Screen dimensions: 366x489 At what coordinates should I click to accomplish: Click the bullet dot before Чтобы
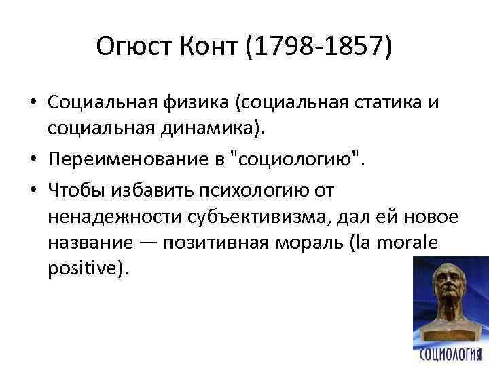33,189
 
